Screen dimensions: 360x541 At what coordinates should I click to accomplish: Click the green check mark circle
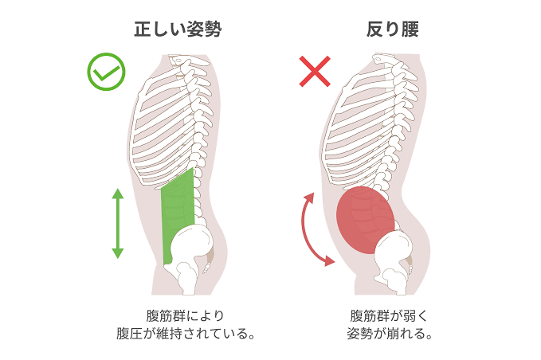(106, 72)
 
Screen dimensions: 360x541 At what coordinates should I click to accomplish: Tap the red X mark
(315, 72)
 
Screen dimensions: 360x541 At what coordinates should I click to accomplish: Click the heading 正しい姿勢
(177, 30)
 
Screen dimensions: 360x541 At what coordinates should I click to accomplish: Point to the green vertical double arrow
(117, 224)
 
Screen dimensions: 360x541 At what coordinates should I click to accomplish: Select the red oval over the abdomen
(366, 220)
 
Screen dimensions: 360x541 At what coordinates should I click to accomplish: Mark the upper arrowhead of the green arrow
(117, 194)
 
